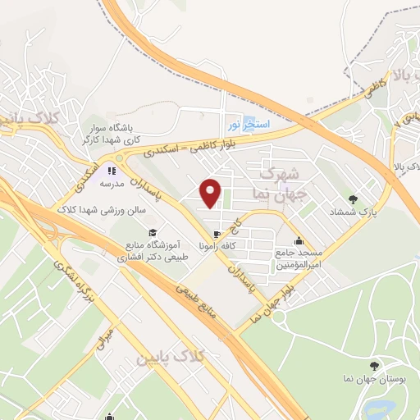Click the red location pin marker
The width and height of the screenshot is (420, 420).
tap(212, 194)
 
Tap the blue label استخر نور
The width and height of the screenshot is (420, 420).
tap(247, 124)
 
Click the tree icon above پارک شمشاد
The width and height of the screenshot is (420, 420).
tap(354, 199)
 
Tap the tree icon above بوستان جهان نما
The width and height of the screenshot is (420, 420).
tap(375, 366)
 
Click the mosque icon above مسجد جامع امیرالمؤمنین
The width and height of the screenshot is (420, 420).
tap(299, 240)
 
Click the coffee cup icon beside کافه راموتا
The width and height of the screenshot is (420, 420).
tap(216, 244)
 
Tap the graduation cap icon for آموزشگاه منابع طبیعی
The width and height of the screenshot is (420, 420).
tap(152, 233)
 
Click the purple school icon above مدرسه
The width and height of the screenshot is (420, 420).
tap(111, 172)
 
